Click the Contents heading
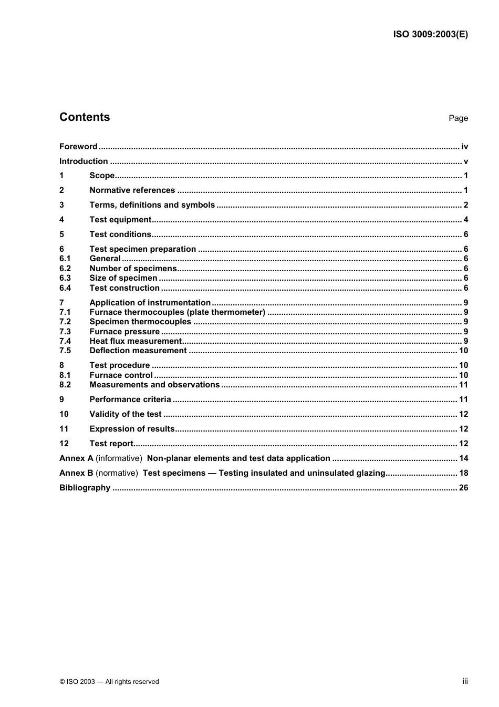click(x=85, y=117)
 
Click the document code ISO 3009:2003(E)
click(x=430, y=35)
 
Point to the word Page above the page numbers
click(x=458, y=118)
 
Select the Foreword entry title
click(x=78, y=147)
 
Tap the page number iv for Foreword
click(x=464, y=147)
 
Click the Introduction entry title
click(x=84, y=161)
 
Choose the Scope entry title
click(x=102, y=176)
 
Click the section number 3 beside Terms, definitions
click(x=61, y=205)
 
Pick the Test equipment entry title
click(x=120, y=220)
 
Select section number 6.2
click(x=65, y=269)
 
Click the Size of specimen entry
click(x=123, y=278)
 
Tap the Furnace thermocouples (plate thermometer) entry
click(x=178, y=312)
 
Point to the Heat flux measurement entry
click(x=136, y=341)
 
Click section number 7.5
click(x=65, y=351)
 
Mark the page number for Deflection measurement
click(x=463, y=351)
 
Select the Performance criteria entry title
click(x=130, y=399)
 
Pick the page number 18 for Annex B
click(x=463, y=473)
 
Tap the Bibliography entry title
click(x=85, y=488)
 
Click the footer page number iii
click(x=465, y=681)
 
